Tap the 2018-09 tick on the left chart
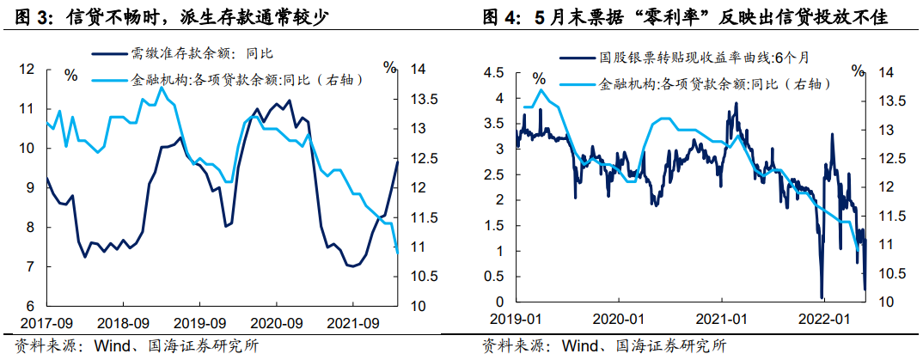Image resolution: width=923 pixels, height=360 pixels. tap(123, 325)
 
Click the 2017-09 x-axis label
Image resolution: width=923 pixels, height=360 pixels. tap(46, 325)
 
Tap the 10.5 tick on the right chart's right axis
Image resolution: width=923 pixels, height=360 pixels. tap(885, 273)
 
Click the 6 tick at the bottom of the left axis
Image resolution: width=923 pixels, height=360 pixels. tap(30, 307)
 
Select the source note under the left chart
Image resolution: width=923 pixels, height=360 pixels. tap(128, 347)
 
